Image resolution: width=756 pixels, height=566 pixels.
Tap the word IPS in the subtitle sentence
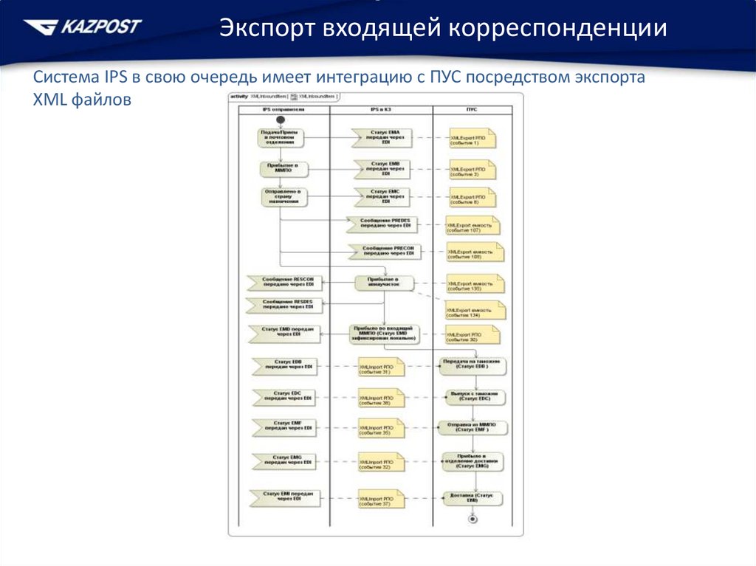click(116, 77)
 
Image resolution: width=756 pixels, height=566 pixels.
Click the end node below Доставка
click(473, 519)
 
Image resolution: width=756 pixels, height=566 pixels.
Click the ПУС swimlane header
click(472, 109)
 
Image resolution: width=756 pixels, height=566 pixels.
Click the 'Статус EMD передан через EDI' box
click(285, 334)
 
